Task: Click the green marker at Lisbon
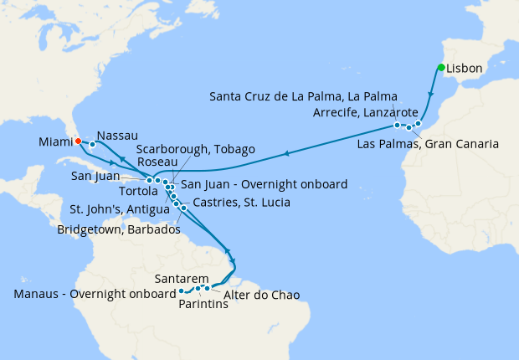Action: pyautogui.click(x=440, y=68)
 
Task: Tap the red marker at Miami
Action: pyautogui.click(x=77, y=141)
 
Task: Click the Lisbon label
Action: pyautogui.click(x=464, y=68)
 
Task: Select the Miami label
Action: pyautogui.click(x=55, y=142)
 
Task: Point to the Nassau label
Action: pyautogui.click(x=117, y=135)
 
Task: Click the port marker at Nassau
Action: pyautogui.click(x=92, y=145)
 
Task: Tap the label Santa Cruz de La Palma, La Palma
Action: pyautogui.click(x=304, y=95)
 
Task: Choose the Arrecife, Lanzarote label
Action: pyautogui.click(x=365, y=112)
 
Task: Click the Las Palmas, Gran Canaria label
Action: pyautogui.click(x=428, y=144)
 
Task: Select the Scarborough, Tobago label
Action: pyautogui.click(x=194, y=149)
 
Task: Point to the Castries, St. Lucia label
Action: pyautogui.click(x=241, y=203)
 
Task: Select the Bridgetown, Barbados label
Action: pyautogui.click(x=119, y=229)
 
